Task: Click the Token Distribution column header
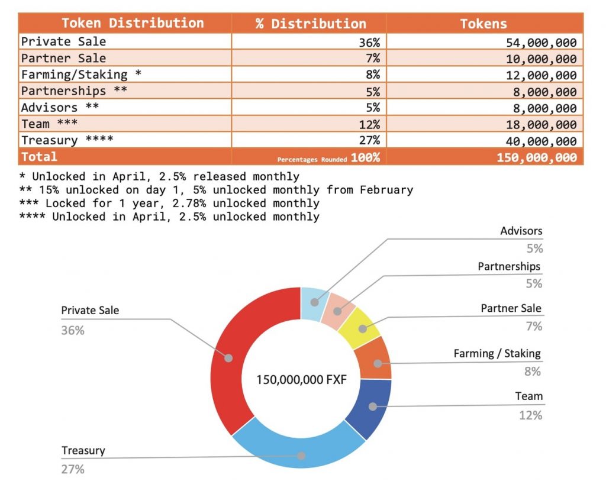[133, 23]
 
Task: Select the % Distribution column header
[311, 24]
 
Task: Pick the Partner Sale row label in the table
[63, 58]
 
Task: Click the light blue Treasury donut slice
[301, 453]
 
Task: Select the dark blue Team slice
[370, 407]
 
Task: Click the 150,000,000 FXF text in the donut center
[301, 379]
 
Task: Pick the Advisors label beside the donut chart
[521, 231]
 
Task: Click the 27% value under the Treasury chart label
[73, 469]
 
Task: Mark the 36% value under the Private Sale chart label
[73, 330]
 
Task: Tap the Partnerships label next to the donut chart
[509, 266]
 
